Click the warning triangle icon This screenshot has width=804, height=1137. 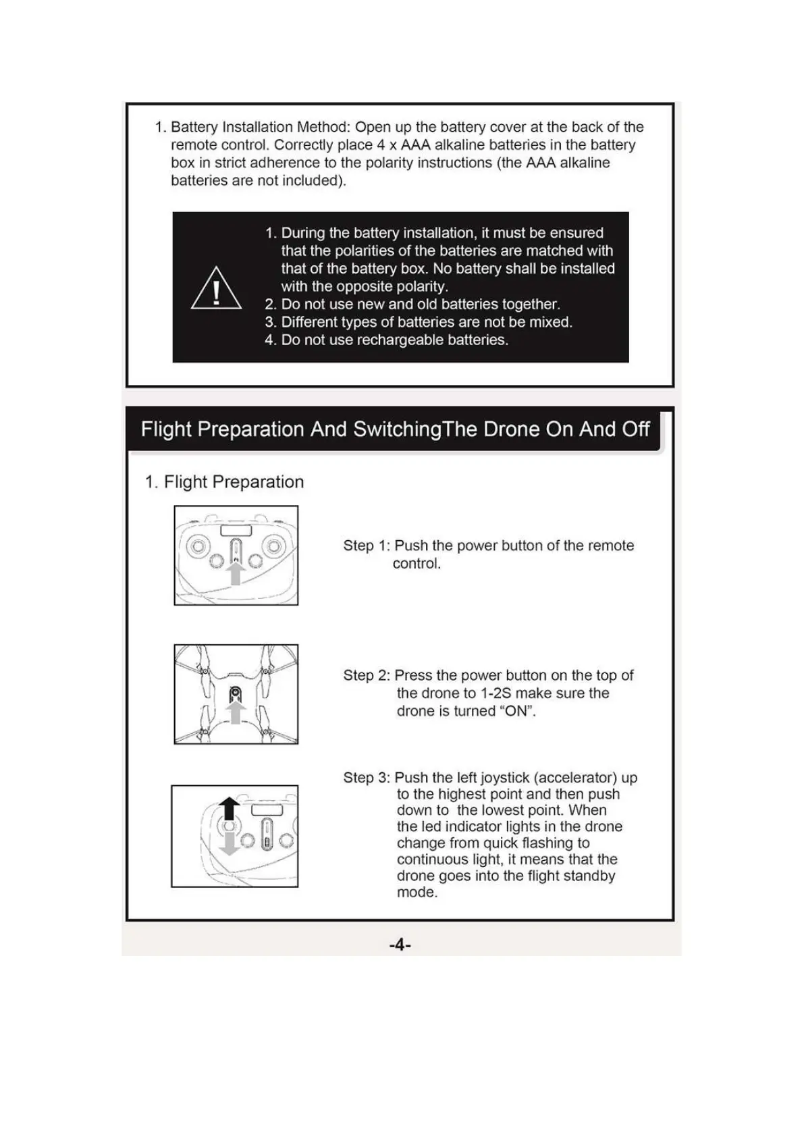pos(216,289)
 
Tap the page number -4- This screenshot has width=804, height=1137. pos(400,945)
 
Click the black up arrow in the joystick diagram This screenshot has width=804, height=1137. pos(230,808)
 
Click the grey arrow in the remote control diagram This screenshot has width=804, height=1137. pos(235,573)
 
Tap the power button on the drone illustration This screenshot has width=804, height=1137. pos(235,692)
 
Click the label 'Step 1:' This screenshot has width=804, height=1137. pos(366,546)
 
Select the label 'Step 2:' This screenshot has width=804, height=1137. pos(366,675)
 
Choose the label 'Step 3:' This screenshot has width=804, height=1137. pos(366,778)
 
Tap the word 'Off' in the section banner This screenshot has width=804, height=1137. pos(636,429)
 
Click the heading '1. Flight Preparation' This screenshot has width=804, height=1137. pos(224,482)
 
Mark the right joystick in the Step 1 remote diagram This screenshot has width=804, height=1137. pos(273,546)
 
